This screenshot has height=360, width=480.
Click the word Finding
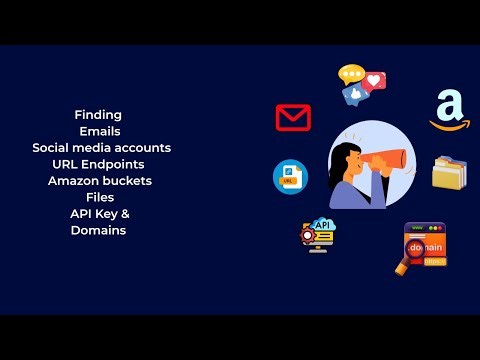point(98,115)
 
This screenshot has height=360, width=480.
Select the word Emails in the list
point(101,131)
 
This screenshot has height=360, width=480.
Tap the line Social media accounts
point(101,147)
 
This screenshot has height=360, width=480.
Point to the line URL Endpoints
point(98,164)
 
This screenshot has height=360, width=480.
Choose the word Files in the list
point(100,197)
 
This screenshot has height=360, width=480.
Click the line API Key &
point(100,214)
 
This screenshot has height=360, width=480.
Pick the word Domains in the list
point(98,230)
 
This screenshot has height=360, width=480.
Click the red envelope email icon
point(293,118)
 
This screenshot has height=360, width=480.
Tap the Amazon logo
point(449,109)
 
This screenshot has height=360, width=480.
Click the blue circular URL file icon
point(290,177)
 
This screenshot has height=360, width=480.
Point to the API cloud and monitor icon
point(321,234)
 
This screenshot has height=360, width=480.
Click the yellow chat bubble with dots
point(351,73)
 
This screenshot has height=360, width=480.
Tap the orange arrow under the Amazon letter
point(449,126)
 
